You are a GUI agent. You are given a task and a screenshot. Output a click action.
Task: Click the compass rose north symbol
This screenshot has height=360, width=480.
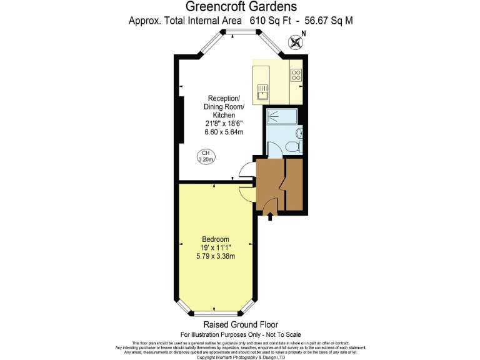(296, 42)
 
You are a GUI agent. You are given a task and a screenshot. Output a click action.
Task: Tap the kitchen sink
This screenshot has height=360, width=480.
(261, 92)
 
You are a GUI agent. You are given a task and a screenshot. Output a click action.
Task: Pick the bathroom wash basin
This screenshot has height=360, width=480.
(299, 132)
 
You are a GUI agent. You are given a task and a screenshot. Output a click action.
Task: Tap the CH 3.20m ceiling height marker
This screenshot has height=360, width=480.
(206, 156)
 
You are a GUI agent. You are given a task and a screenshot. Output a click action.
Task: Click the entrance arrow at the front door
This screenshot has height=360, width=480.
(270, 217)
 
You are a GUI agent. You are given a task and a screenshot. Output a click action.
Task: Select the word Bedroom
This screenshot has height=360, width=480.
(216, 239)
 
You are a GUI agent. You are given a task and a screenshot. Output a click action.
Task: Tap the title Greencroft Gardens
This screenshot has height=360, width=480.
(240, 7)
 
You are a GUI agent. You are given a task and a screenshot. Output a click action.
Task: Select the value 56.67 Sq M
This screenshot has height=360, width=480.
(328, 21)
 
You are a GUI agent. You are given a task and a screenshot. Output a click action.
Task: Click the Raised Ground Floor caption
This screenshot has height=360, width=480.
(240, 325)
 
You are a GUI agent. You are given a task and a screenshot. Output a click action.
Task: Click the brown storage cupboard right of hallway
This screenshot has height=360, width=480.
(294, 184)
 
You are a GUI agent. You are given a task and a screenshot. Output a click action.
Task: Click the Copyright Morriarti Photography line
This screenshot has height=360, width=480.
(240, 357)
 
